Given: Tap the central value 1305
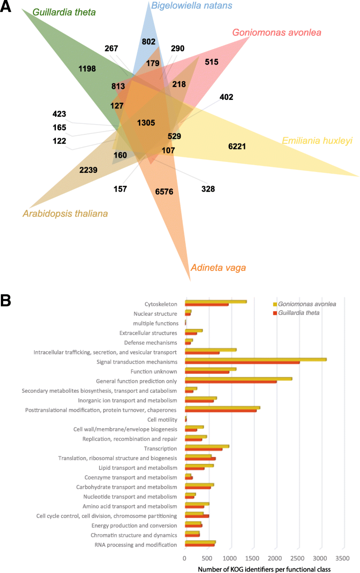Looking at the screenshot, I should click(146, 123).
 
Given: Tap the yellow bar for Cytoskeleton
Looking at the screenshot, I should click(216, 302).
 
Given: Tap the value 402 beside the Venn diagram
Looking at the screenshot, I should click(226, 97).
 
